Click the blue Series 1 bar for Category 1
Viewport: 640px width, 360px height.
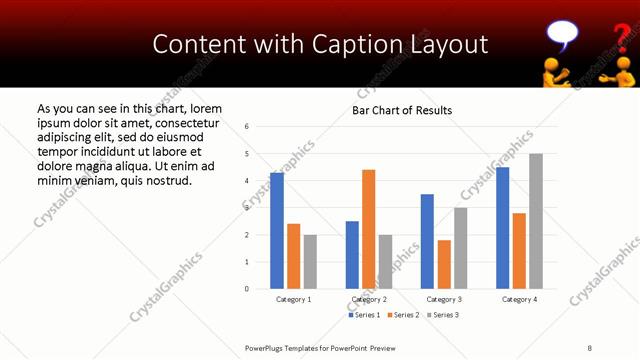pos(277,231)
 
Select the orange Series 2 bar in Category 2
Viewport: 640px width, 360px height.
pos(368,229)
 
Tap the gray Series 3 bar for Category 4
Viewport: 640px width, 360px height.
pos(535,221)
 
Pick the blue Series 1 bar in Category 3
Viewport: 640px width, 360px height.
pos(427,241)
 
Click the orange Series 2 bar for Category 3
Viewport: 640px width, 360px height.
pos(443,264)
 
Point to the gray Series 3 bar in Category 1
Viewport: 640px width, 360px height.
pos(310,262)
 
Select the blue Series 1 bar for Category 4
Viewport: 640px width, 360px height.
pos(502,228)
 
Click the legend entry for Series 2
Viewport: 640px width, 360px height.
pos(403,315)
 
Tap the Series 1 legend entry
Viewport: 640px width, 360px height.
pos(364,315)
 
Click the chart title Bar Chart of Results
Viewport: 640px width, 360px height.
pos(402,110)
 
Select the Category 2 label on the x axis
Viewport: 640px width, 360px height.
pos(368,299)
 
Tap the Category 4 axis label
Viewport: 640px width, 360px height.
pos(518,299)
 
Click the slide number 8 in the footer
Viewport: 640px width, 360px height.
pos(589,348)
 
